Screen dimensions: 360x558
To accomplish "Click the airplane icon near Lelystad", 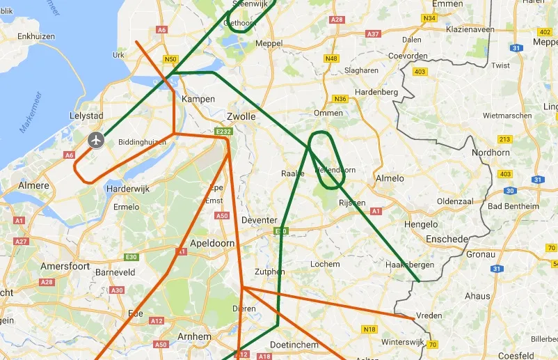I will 96,140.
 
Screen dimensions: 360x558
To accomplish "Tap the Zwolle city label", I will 241,116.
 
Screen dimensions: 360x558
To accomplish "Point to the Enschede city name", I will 447,239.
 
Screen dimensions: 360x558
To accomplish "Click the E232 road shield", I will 223,132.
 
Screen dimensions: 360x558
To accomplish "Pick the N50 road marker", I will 171,59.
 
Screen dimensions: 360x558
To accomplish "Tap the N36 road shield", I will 340,99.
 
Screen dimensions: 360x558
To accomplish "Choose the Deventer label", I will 259,220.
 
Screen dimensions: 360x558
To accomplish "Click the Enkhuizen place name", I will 36,36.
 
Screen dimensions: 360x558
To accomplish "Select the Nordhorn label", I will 491,152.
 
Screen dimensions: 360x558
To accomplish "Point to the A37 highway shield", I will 373,33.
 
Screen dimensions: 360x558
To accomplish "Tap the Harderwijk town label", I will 128,189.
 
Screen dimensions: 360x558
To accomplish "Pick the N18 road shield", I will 369,329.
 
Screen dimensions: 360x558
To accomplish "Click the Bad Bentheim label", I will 513,206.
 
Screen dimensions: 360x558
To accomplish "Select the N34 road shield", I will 429,18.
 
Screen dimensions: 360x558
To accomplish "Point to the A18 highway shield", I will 264,357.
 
